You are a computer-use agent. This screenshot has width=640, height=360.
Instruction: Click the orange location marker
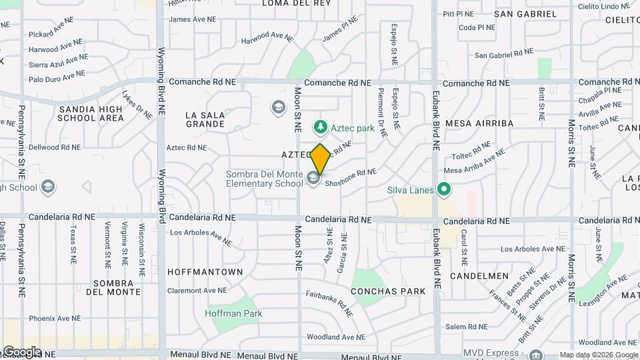(321, 159)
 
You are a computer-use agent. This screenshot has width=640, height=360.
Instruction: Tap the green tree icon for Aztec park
(321, 126)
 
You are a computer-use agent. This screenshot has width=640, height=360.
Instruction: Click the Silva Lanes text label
(410, 190)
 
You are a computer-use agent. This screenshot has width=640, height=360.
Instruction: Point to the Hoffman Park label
(233, 313)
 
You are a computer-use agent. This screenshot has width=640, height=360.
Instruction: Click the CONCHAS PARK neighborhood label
(387, 291)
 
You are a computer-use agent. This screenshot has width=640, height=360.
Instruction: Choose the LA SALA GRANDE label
(205, 119)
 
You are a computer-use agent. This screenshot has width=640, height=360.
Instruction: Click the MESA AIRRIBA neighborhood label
(479, 123)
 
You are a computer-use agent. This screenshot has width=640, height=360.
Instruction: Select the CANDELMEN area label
(475, 275)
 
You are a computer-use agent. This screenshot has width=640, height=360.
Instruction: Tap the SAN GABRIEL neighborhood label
(525, 14)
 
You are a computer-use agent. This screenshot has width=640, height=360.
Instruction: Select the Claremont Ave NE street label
(197, 291)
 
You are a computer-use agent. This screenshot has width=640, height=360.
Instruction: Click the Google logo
(21, 351)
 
